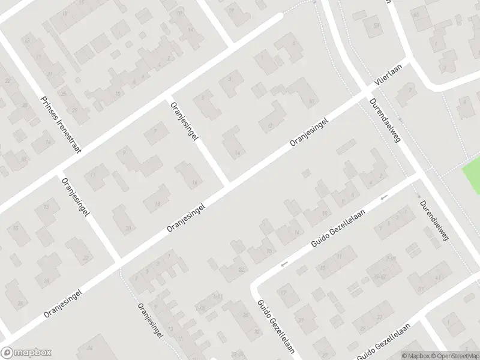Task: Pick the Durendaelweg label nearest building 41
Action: pyautogui.click(x=435, y=221)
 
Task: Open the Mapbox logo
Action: pyautogui.click(x=26, y=353)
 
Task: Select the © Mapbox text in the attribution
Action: pyautogui.click(x=416, y=355)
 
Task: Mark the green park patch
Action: pyautogui.click(x=472, y=177)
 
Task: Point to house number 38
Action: pyautogui.click(x=377, y=25)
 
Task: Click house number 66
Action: pyautogui.click(x=416, y=14)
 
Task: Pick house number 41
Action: pyautogui.click(x=437, y=277)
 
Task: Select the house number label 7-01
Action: pyautogui.click(x=392, y=257)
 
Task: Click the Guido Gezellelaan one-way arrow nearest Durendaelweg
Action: pyautogui.click(x=384, y=197)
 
